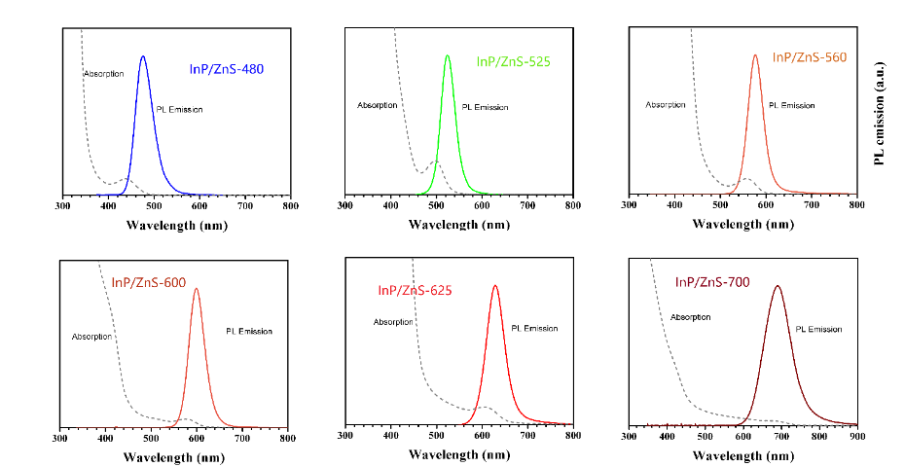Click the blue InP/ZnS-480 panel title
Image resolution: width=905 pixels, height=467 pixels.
click(226, 70)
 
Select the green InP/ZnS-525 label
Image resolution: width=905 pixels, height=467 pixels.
click(513, 61)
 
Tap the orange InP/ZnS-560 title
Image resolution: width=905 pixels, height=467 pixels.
click(810, 57)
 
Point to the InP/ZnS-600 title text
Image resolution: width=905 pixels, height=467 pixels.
click(149, 283)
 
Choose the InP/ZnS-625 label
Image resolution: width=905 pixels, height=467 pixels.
click(416, 289)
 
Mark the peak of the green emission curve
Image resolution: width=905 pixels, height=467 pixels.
click(448, 55)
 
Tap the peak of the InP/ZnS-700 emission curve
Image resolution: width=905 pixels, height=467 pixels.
click(777, 286)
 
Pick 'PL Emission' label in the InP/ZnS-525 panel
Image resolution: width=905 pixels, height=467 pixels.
click(485, 107)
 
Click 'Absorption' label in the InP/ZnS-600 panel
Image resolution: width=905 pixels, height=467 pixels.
click(92, 337)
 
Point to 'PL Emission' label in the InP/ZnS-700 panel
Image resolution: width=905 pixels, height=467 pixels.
click(818, 329)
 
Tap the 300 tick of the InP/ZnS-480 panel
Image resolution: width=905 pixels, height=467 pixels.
click(62, 206)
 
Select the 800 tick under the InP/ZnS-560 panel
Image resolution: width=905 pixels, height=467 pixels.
click(855, 206)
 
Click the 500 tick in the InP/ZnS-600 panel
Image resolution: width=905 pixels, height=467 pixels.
click(151, 438)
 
